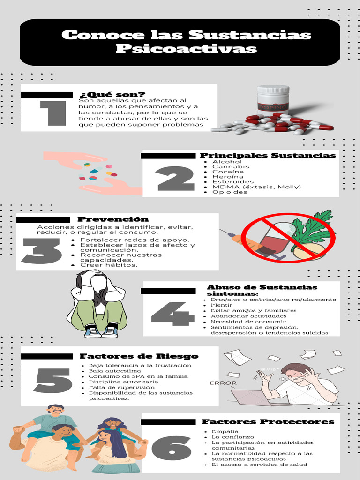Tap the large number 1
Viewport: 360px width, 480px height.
tap(52, 113)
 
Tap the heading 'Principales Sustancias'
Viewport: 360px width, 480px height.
tap(268, 155)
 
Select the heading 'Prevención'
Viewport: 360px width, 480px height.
tap(113, 219)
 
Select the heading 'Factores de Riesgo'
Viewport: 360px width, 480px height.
tap(139, 356)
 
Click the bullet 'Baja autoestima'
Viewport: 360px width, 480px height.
tap(112, 371)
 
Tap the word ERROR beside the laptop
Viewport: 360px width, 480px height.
tap(223, 383)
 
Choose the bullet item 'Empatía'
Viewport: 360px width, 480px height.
tap(225, 431)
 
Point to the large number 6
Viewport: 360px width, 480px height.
tap(172, 448)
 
